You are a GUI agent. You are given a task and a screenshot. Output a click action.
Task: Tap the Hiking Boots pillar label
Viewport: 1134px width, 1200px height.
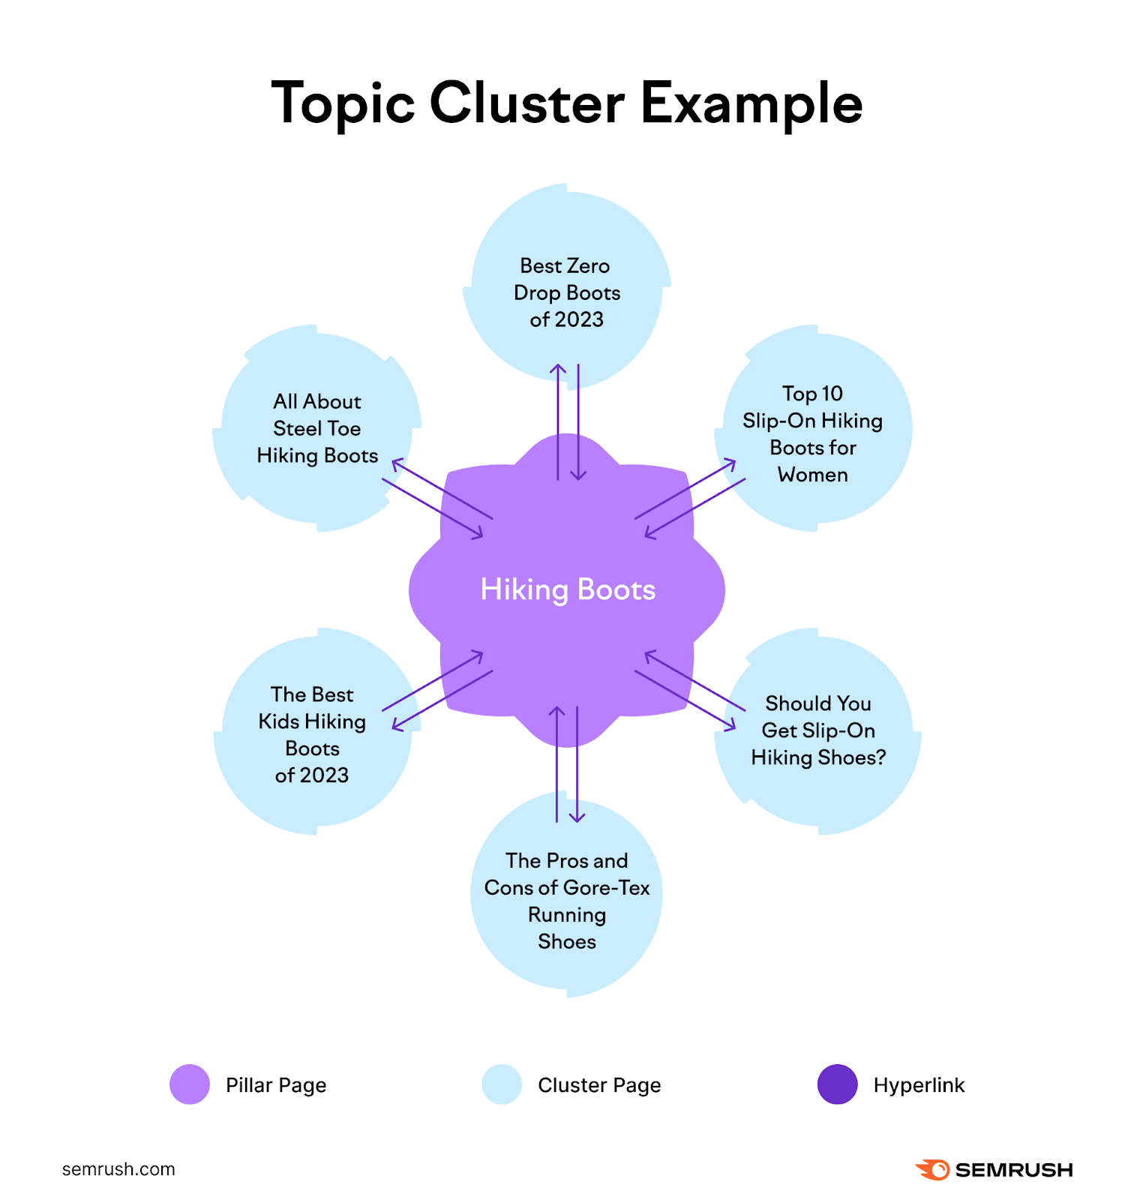[568, 589]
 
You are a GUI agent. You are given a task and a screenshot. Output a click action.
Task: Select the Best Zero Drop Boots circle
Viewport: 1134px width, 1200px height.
[566, 292]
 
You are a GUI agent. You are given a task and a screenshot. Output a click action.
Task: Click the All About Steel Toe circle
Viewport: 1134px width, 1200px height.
[316, 428]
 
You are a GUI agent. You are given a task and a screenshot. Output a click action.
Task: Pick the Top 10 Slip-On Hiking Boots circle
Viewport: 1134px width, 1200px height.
[813, 433]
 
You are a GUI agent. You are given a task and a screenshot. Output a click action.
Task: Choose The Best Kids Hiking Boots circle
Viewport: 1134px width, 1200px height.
[312, 734]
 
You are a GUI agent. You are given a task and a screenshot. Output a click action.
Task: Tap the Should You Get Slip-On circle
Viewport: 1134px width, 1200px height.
[817, 730]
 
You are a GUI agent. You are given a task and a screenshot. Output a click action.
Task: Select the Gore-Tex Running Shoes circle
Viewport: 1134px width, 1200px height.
[566, 901]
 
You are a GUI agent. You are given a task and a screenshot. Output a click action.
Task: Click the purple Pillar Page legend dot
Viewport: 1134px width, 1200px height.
[190, 1084]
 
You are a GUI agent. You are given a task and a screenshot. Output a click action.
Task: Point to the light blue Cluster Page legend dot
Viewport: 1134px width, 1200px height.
[502, 1084]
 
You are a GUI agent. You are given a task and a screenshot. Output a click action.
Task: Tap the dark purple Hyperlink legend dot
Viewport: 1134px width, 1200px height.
[837, 1084]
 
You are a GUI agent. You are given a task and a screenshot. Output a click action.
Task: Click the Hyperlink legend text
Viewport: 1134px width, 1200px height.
[919, 1085]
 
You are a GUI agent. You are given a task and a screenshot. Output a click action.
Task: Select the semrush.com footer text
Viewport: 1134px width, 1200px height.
[118, 1169]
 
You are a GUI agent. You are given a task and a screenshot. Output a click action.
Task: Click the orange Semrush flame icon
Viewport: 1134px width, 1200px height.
[932, 1169]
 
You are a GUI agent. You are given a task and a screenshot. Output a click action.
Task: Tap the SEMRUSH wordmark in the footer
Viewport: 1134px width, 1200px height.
[1013, 1170]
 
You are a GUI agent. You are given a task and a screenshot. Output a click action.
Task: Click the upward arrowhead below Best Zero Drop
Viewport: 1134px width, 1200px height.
[557, 368]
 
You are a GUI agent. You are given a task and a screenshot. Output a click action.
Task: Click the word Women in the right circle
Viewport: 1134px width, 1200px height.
[813, 475]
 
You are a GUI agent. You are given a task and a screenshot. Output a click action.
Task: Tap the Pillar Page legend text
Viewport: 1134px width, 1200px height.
[276, 1085]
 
